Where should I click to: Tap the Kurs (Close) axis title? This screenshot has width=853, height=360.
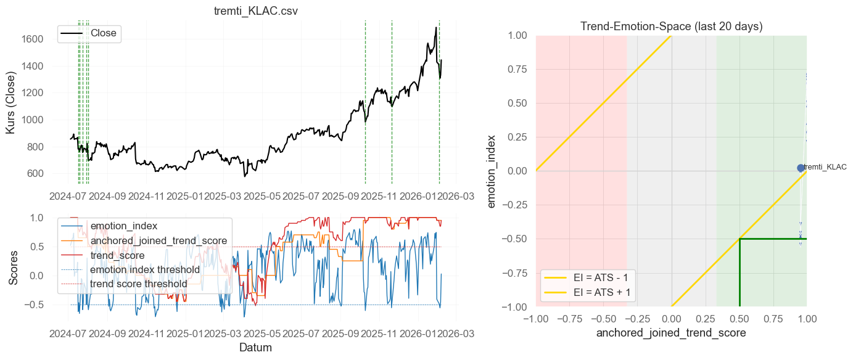(10, 102)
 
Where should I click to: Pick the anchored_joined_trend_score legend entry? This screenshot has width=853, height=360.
(159, 240)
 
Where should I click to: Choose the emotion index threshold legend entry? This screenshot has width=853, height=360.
(145, 269)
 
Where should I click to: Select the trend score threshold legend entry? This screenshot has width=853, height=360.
(139, 284)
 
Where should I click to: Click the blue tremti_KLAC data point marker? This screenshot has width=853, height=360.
(801, 168)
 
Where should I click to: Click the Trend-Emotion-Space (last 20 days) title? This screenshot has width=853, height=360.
(671, 27)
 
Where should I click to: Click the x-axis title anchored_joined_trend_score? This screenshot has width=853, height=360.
(671, 333)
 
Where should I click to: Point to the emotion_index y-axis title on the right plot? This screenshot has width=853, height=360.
(492, 171)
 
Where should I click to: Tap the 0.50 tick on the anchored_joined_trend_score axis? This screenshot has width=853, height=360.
(739, 319)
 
